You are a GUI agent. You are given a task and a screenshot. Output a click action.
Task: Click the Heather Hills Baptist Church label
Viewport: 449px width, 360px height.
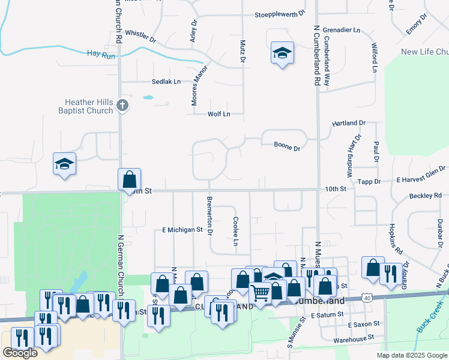coord(85,106)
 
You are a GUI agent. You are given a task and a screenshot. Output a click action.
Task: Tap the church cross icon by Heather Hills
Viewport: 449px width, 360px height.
coord(122,106)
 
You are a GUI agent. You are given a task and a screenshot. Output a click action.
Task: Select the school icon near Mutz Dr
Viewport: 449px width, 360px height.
coord(282,53)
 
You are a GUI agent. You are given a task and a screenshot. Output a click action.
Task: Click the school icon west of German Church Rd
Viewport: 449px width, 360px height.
coord(65,164)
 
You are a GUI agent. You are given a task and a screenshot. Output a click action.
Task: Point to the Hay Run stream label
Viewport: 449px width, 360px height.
coord(101,55)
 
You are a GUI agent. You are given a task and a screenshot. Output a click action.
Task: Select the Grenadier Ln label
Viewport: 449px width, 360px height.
coord(342,29)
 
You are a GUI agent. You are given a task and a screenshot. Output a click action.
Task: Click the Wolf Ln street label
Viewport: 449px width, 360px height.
coord(218,114)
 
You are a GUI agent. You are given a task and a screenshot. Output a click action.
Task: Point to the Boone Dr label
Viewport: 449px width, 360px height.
coord(286,145)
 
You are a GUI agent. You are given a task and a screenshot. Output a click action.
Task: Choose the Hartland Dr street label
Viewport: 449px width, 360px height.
coord(349,123)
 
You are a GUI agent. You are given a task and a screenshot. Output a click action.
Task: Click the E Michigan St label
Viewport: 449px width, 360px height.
coord(182,230)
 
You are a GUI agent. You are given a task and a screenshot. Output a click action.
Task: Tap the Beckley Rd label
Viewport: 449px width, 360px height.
coord(425,196)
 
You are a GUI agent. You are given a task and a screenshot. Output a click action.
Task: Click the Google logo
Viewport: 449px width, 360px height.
coord(20,352)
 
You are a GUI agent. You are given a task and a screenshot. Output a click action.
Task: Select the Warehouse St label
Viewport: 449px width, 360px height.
coord(357,340)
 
